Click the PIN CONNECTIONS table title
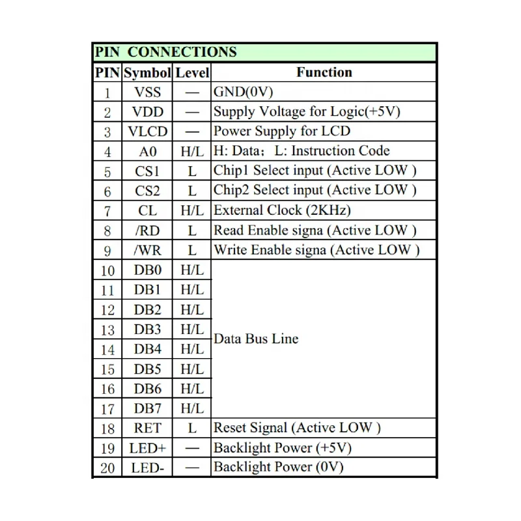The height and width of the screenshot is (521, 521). pyautogui.click(x=165, y=52)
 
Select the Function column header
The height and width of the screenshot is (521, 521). pyautogui.click(x=324, y=72)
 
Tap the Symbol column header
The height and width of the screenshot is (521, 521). pyautogui.click(x=147, y=72)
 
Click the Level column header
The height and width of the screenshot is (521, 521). pyautogui.click(x=192, y=72)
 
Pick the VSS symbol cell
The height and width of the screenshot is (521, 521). pyautogui.click(x=147, y=92)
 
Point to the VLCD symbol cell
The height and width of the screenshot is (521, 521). pyautogui.click(x=147, y=132)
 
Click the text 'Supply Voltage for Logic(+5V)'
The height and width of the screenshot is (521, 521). pyautogui.click(x=307, y=111)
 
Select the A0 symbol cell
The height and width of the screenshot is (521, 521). pyautogui.click(x=147, y=151)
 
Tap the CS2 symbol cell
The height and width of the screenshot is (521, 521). pyautogui.click(x=147, y=191)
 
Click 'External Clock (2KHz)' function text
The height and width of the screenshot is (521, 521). pyautogui.click(x=282, y=210)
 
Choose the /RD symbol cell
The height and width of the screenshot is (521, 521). pyautogui.click(x=147, y=230)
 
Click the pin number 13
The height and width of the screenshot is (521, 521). pyautogui.click(x=107, y=330)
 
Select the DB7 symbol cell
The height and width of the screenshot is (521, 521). pyautogui.click(x=147, y=408)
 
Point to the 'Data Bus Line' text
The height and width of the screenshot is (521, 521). pyautogui.click(x=256, y=339)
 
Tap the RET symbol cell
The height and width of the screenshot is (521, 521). pyautogui.click(x=147, y=428)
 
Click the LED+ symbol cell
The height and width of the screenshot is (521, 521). pyautogui.click(x=147, y=448)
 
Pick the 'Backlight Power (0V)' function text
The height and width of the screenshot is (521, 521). pyautogui.click(x=278, y=467)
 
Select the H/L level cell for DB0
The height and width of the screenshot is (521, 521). pyautogui.click(x=192, y=270)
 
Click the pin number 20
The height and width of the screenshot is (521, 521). pyautogui.click(x=107, y=468)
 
